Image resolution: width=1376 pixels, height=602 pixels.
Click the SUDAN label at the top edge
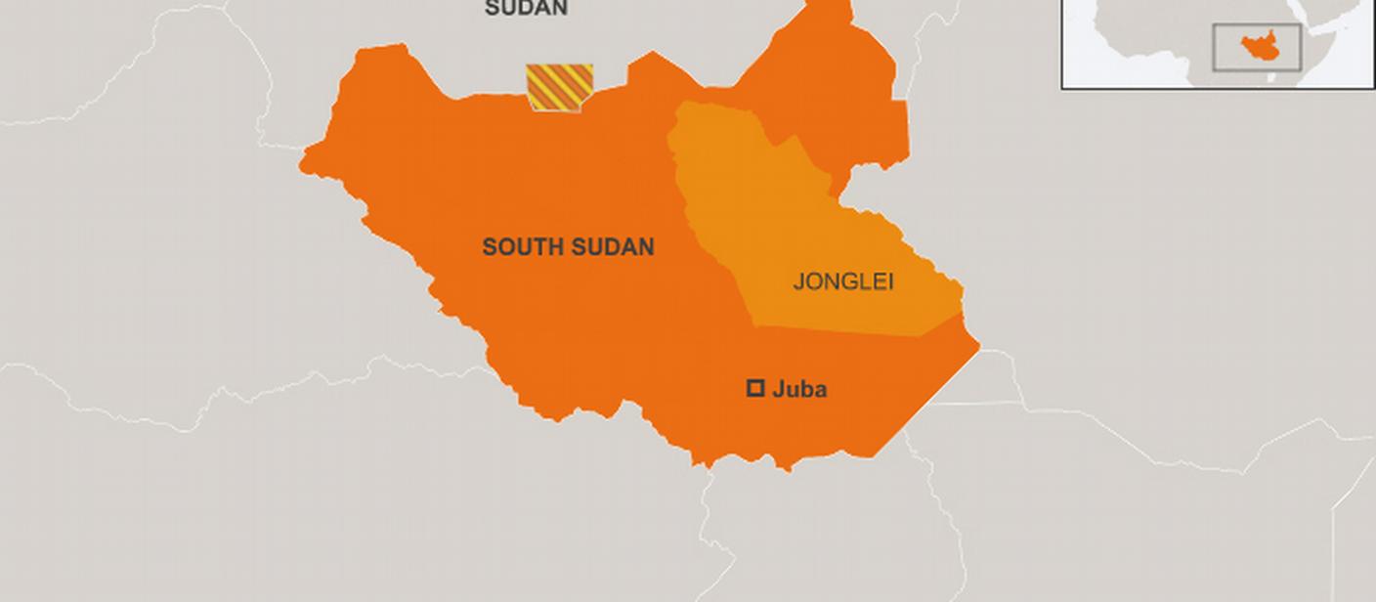(x=526, y=9)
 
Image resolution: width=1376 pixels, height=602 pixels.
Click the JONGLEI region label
(x=843, y=282)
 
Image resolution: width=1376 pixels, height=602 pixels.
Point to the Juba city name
(x=799, y=390)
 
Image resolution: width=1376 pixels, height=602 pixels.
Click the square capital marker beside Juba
(x=755, y=389)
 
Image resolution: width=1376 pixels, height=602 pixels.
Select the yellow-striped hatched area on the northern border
(x=560, y=87)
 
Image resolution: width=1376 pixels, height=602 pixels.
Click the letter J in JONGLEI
(x=798, y=282)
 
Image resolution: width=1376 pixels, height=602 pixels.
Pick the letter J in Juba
(x=779, y=390)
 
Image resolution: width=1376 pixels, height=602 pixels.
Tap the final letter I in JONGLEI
(x=890, y=282)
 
